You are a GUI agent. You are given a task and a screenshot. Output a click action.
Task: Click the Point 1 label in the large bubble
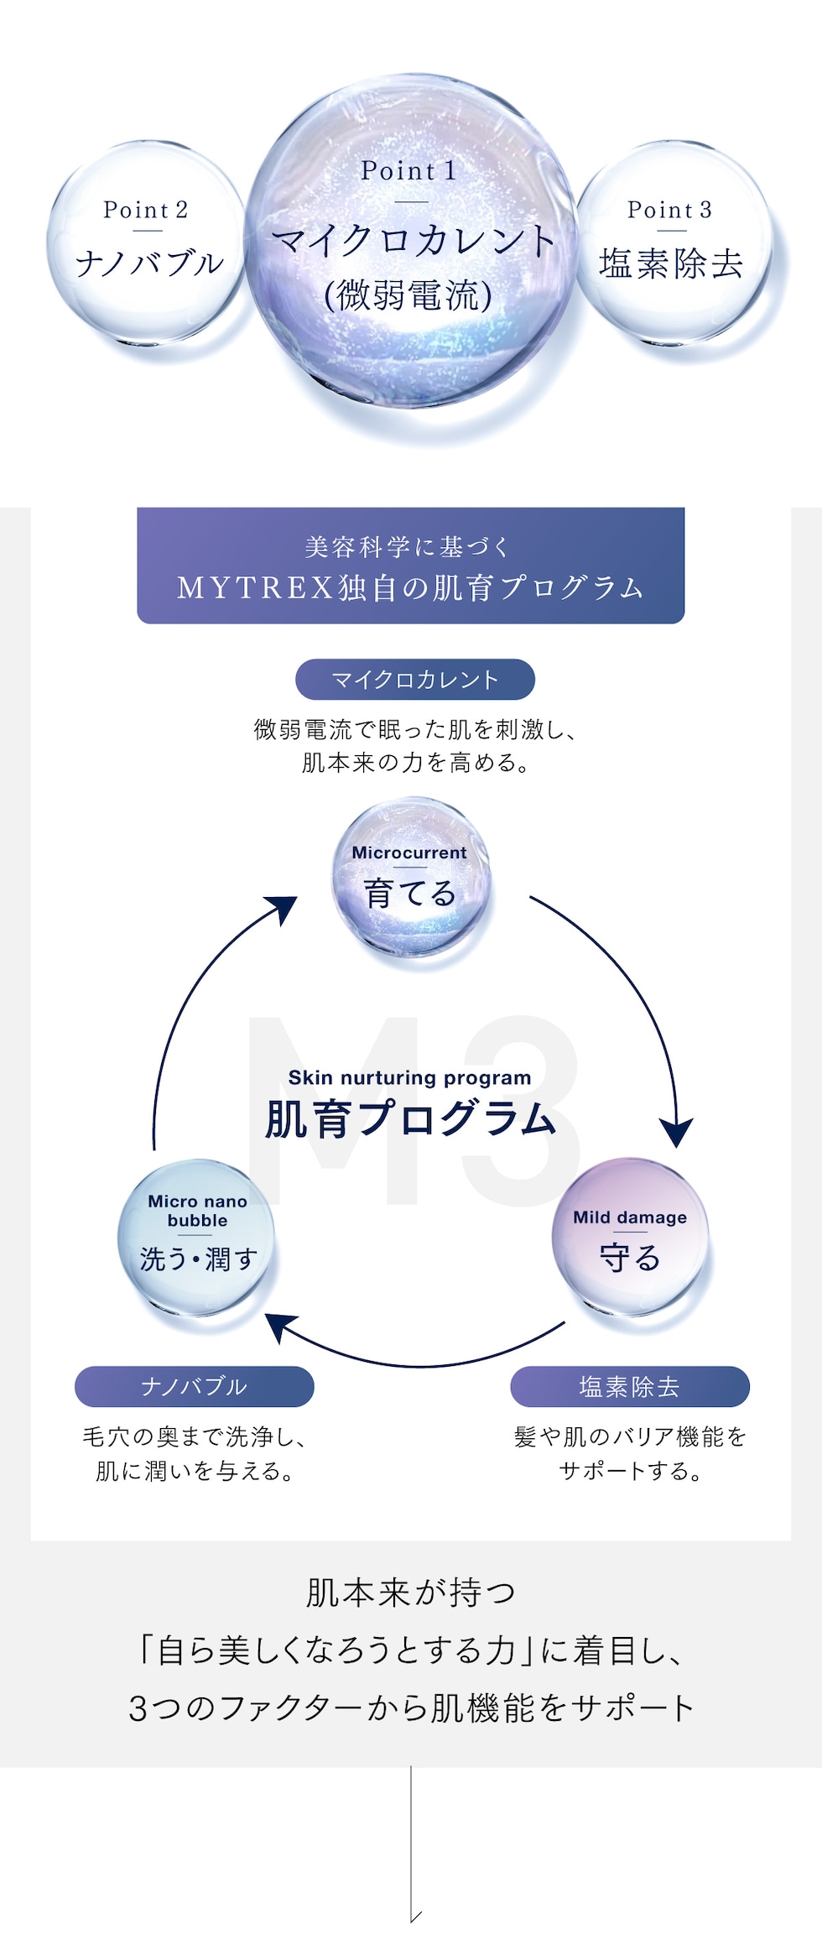408,170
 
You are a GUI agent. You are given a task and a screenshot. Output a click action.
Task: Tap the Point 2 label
145,210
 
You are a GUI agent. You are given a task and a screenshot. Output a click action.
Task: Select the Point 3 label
669,210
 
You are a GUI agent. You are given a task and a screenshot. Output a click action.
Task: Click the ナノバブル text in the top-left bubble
149,263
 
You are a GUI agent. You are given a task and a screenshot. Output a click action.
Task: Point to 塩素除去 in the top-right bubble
671,263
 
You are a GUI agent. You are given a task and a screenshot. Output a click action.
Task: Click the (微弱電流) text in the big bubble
408,295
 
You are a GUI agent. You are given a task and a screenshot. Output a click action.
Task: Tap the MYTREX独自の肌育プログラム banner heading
410,587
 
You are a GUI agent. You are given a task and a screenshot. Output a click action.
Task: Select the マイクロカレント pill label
414,680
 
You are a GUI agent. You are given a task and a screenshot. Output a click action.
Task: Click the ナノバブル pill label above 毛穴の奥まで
194,1386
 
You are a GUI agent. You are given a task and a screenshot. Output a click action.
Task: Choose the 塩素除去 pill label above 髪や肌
629,1386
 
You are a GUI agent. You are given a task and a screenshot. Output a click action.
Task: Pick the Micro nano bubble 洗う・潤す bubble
197,1237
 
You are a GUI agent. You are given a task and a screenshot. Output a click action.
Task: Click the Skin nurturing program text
409,1077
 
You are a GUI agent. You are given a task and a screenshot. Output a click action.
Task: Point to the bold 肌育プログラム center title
410,1118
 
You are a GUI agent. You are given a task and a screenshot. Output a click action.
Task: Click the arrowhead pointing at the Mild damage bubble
676,1133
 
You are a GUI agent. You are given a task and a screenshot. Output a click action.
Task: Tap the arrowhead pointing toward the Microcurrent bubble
285,910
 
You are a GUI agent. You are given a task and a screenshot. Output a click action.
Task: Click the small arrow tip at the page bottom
414,1916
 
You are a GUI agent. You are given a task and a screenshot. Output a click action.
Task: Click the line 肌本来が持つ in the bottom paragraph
410,1593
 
